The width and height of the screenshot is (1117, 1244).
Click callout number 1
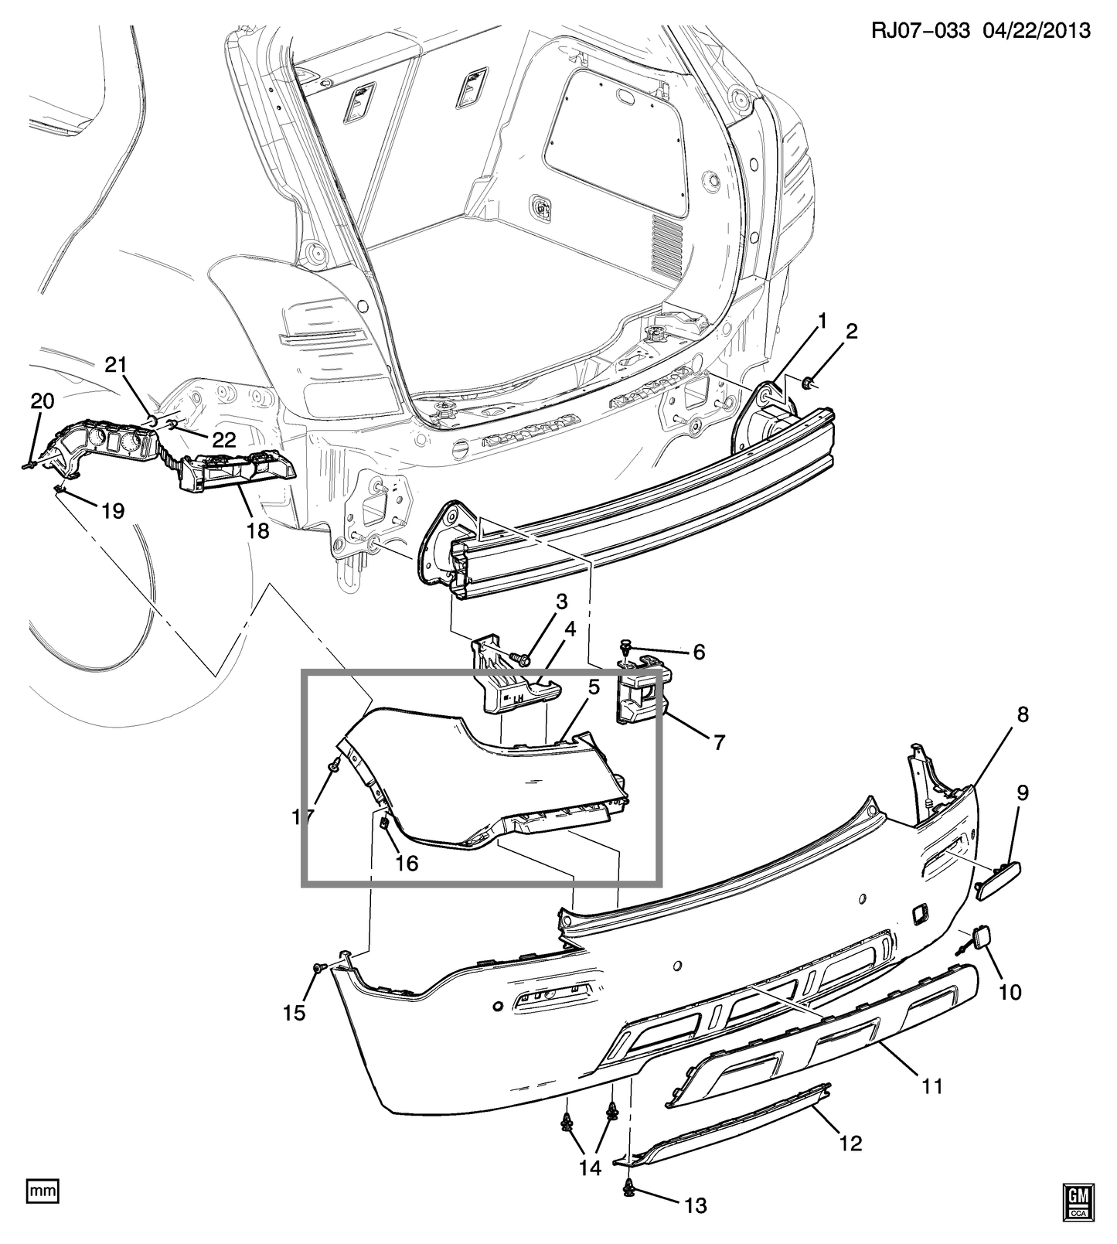pos(822,321)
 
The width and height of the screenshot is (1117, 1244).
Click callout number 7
pos(719,742)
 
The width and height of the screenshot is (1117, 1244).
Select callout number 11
pos(933,1086)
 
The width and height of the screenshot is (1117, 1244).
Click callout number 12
pos(850,1143)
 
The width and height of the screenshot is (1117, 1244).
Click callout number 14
pos(590,1167)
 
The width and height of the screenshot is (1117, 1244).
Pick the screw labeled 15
pos(318,967)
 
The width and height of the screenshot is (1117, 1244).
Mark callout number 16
pos(407,862)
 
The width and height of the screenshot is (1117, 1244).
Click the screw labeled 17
pos(335,765)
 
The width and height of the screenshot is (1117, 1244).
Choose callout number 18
pos(258,530)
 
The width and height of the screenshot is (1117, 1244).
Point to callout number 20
pos(43,400)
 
